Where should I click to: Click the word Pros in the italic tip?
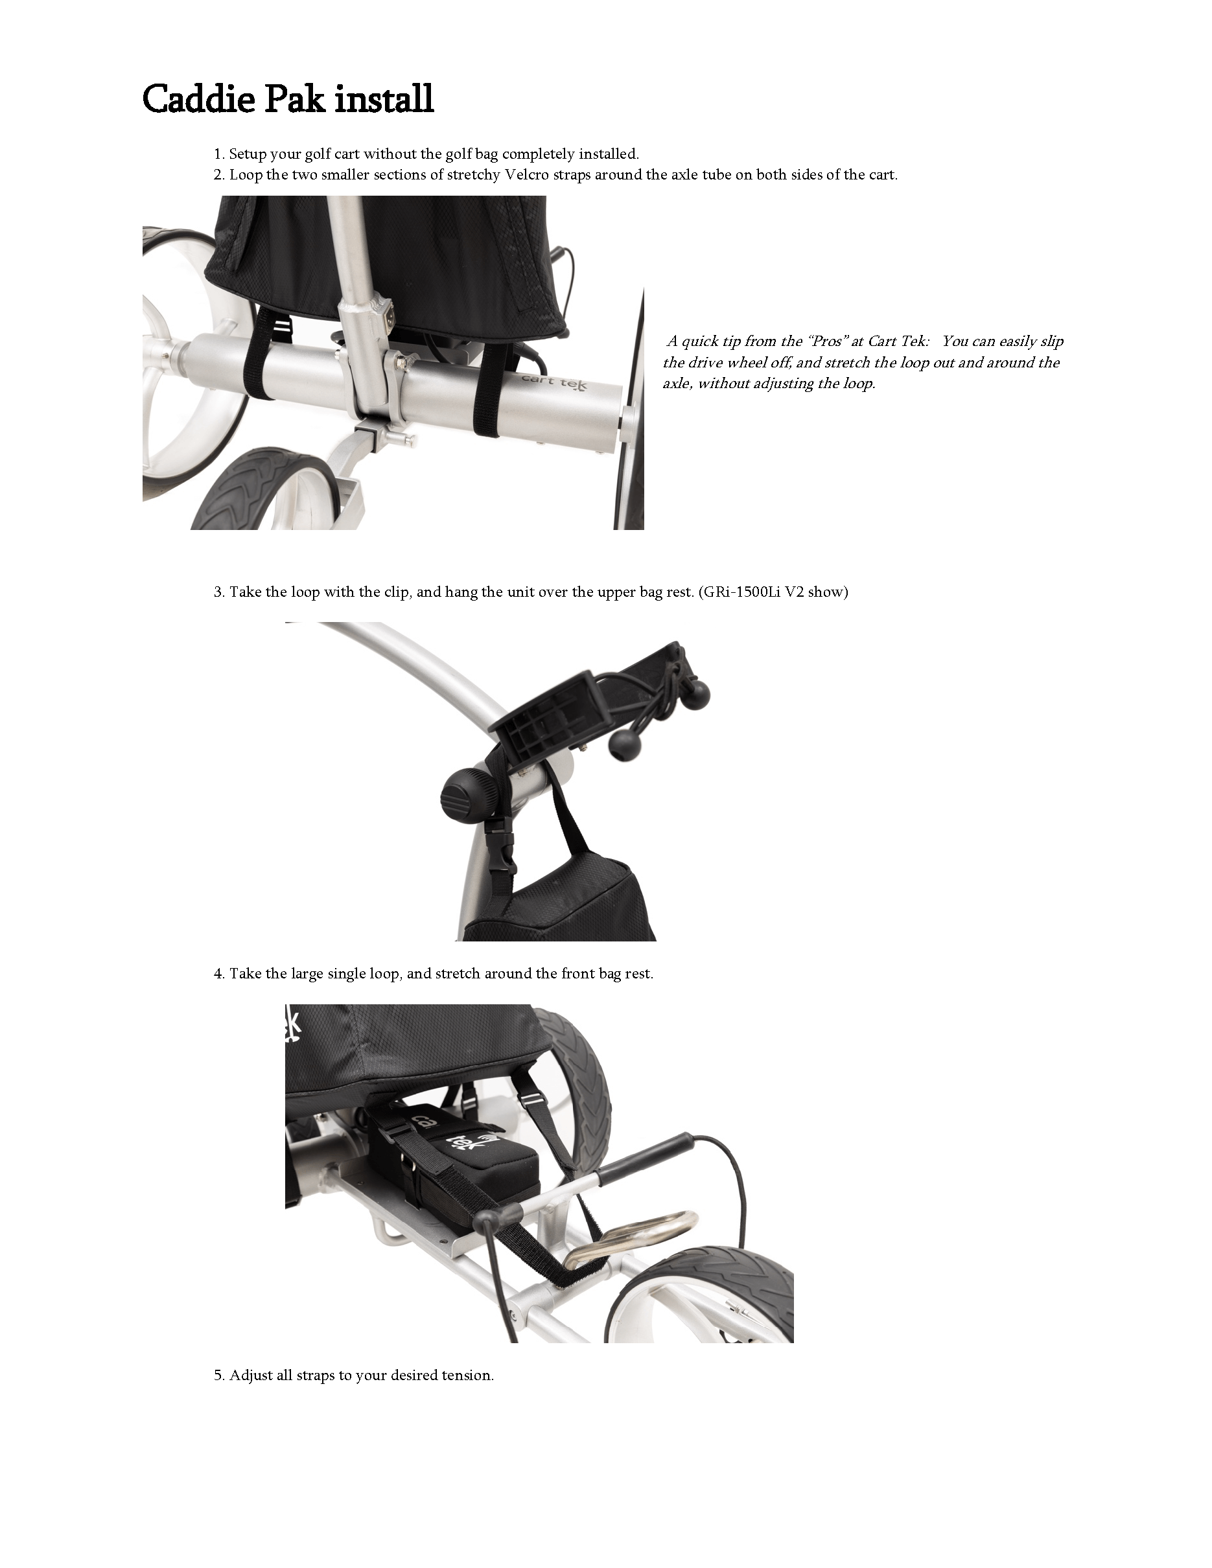[826, 341]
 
